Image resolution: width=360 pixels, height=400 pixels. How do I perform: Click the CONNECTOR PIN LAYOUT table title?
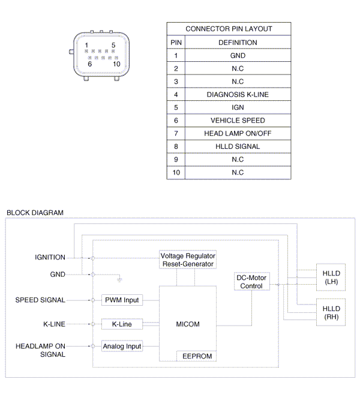[x=229, y=29]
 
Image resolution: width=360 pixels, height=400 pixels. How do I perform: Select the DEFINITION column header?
[x=238, y=43]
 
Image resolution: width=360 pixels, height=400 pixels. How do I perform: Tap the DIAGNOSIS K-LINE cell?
[x=238, y=94]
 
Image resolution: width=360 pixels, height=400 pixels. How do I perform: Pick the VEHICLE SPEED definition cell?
[x=238, y=120]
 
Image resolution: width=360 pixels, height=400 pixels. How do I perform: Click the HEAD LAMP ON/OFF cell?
[x=238, y=133]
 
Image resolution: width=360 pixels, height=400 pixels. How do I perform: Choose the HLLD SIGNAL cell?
[x=238, y=147]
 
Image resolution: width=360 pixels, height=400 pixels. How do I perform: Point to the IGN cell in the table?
[x=238, y=108]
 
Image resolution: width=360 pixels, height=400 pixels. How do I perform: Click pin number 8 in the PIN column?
[x=176, y=147]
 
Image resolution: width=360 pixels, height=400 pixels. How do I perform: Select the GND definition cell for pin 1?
[x=238, y=55]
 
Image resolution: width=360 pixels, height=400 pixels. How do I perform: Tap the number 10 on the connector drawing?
[x=116, y=64]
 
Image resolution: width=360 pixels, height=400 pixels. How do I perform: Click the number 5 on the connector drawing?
[x=113, y=45]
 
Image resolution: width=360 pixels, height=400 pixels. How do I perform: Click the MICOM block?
[x=188, y=324]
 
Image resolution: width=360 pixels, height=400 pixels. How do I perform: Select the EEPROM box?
[x=196, y=356]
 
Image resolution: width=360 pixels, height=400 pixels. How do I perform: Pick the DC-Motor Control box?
[x=251, y=282]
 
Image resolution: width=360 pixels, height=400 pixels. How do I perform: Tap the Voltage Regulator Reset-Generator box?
[x=187, y=260]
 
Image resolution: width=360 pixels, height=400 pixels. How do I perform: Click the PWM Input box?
[x=122, y=300]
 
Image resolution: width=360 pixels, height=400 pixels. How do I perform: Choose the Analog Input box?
[x=122, y=346]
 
